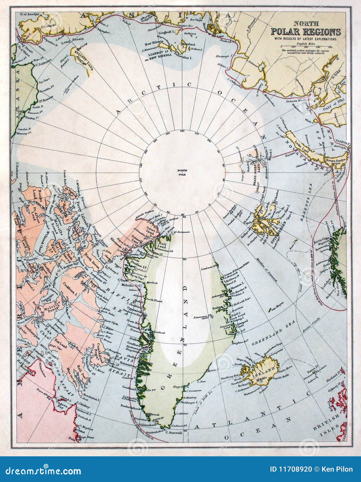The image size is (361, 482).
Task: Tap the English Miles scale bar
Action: coord(305,46)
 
